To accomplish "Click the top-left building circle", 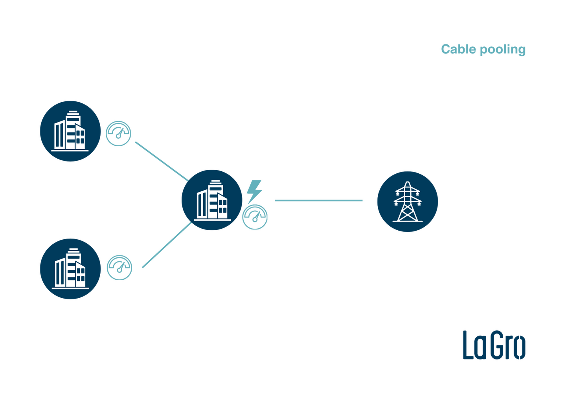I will coord(70,130).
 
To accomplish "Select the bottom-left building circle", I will coord(70,269).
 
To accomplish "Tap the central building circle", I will coord(211,200).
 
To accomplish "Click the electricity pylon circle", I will coord(407,201).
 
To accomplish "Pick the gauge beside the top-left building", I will coord(118,134).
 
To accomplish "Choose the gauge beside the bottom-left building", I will coord(119,267).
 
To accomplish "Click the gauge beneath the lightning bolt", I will coord(255,217).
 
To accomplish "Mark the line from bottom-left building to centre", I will coord(166,246).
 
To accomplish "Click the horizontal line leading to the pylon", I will coord(318,200).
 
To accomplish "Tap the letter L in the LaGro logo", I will coord(467,345).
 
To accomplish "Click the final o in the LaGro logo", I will coord(520,347).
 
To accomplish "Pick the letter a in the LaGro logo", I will coord(480,347).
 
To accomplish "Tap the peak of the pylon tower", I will coord(407,183).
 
